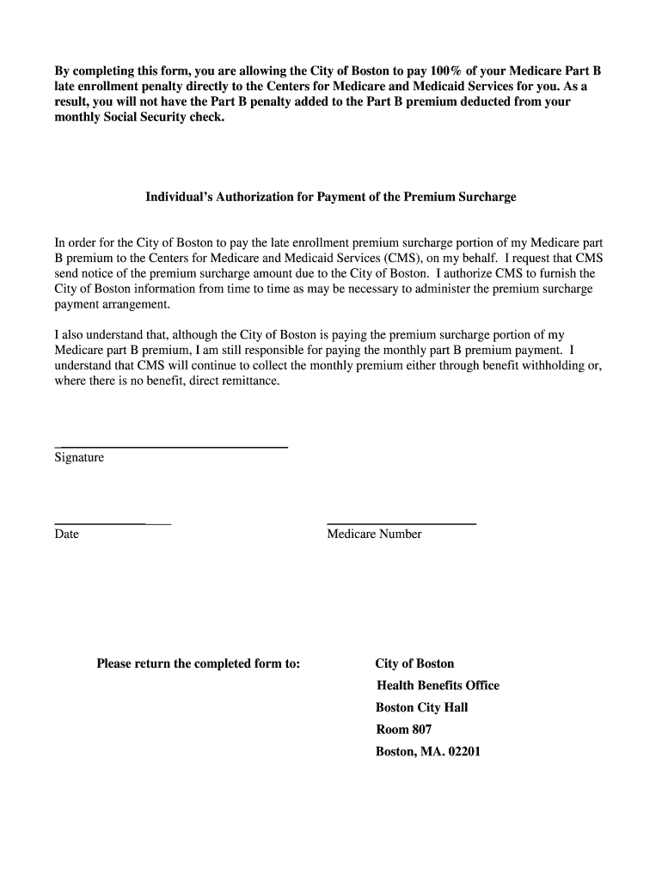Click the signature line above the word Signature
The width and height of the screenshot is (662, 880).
click(x=170, y=447)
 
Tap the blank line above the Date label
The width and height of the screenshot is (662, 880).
click(x=113, y=523)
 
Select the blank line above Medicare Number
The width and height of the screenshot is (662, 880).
click(x=401, y=523)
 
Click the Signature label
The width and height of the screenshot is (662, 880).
click(x=79, y=458)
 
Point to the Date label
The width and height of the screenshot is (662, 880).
click(x=66, y=535)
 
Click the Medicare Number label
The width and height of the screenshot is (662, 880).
click(x=374, y=535)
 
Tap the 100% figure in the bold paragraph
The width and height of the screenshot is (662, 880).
click(x=445, y=70)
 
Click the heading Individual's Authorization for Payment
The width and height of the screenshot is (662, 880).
click(x=330, y=198)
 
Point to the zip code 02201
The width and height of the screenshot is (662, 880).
click(x=464, y=752)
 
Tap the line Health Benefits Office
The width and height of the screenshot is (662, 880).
click(x=438, y=686)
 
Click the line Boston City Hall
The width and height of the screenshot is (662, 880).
click(x=421, y=708)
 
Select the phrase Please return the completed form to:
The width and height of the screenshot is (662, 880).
click(x=198, y=664)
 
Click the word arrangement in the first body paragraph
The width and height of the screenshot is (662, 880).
click(x=138, y=304)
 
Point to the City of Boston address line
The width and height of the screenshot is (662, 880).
click(x=414, y=664)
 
